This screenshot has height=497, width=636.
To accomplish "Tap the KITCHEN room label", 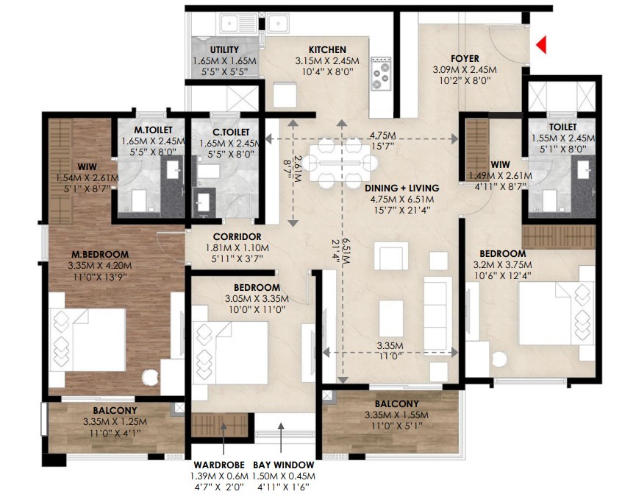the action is [x=327, y=50].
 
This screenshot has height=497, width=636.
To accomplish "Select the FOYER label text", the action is [x=465, y=58].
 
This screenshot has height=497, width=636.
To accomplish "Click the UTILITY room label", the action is [x=224, y=50].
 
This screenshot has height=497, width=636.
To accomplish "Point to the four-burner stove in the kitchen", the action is [x=381, y=74].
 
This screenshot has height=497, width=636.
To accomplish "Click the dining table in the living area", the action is [x=340, y=163].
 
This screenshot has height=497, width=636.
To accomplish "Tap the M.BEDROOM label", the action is [x=100, y=255].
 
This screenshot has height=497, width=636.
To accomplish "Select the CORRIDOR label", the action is [x=237, y=237].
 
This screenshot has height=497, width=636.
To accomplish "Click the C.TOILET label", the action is [x=231, y=133].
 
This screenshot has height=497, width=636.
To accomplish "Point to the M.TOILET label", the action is [x=154, y=130].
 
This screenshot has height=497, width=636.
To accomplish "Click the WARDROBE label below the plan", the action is [x=219, y=465].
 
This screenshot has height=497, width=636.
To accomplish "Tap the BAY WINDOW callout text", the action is [x=284, y=465].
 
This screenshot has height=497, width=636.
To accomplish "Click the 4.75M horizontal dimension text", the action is [x=382, y=135].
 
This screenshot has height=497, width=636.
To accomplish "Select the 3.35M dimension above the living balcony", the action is [x=390, y=346].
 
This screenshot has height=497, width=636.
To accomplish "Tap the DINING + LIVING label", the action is [x=402, y=188].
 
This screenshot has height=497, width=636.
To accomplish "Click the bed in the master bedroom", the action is [x=87, y=339].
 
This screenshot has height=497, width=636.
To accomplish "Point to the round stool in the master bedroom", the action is [x=150, y=378].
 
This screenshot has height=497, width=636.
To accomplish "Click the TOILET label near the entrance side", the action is [x=563, y=127].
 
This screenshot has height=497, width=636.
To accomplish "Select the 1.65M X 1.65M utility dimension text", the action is [x=224, y=61].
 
